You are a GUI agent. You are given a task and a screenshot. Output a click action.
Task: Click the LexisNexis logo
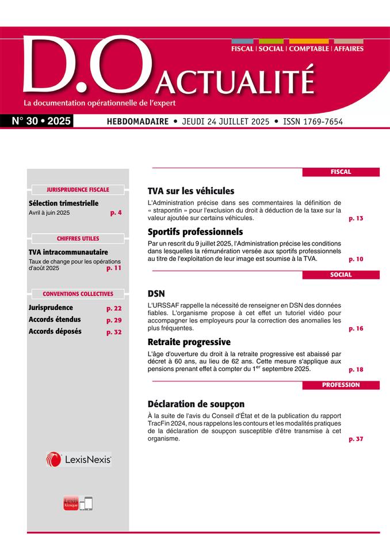click(x=78, y=459)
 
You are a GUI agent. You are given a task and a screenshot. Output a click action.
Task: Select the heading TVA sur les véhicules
click(x=191, y=191)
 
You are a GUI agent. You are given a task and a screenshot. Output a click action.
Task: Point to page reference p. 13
click(x=356, y=219)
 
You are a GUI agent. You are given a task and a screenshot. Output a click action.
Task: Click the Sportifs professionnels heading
click(x=196, y=232)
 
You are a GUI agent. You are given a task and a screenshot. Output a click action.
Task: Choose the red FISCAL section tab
click(x=341, y=172)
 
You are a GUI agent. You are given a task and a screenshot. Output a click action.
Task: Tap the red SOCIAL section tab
click(x=341, y=275)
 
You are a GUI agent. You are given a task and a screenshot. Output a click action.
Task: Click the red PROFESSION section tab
click(x=341, y=385)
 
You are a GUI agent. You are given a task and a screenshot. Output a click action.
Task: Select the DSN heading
click(x=156, y=293)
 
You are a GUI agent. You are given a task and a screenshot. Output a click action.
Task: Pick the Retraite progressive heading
click(x=189, y=342)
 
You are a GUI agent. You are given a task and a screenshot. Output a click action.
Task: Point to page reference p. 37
click(x=356, y=439)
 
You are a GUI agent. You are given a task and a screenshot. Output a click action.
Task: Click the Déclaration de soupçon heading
click(x=196, y=404)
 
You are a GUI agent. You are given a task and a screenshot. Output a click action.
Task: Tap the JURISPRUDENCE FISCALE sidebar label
click(x=78, y=189)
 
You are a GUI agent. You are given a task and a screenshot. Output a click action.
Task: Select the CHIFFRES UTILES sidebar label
click(x=78, y=238)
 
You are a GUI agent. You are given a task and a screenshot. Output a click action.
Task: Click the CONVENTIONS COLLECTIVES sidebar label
click(x=78, y=294)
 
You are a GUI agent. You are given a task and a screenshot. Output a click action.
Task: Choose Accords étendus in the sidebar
click(x=55, y=320)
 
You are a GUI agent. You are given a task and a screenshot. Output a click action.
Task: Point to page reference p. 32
click(x=114, y=332)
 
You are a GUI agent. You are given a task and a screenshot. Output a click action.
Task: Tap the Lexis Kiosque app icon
click(x=71, y=503)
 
